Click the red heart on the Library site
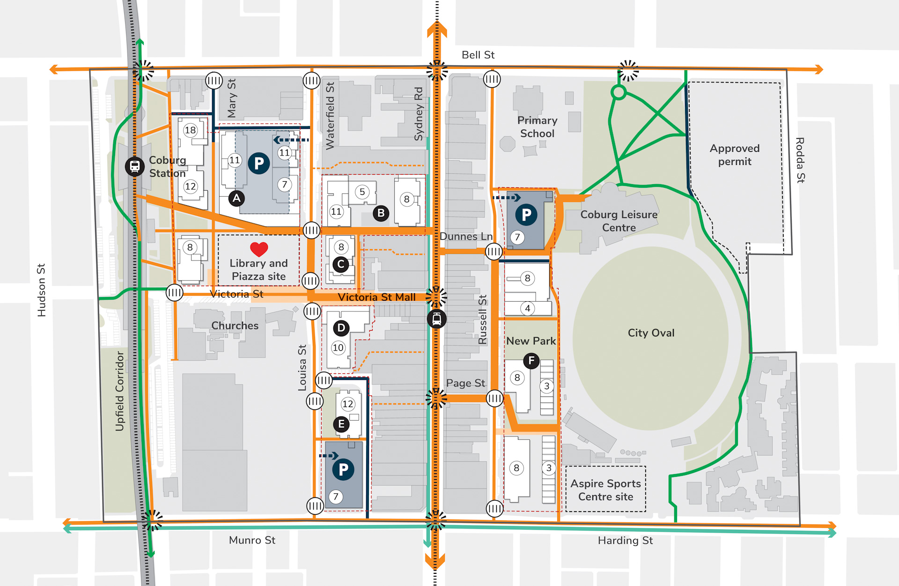259,249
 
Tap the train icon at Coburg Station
134,166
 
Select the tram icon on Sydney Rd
436,319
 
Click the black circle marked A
236,198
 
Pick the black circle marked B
381,213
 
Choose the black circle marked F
531,361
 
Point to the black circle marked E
341,424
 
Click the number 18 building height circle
190,130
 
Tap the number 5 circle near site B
362,192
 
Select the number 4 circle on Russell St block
528,308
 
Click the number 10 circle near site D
338,348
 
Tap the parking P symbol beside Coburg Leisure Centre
526,215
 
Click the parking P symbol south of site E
343,469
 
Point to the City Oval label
651,333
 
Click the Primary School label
537,127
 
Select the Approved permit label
734,155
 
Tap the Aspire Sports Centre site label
605,490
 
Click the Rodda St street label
800,160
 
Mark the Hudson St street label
42,290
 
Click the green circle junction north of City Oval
619,92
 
